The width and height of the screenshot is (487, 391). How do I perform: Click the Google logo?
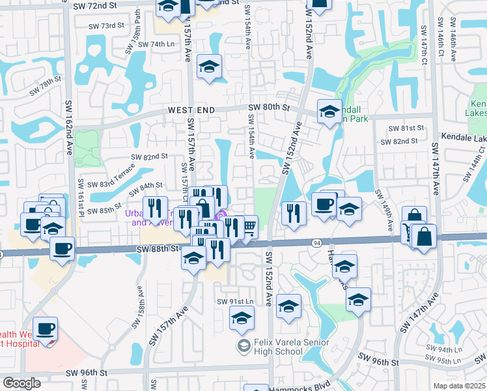(x=21, y=383)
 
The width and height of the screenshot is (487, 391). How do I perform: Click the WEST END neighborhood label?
(x=191, y=111)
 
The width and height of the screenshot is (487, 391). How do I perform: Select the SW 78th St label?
(x=45, y=86)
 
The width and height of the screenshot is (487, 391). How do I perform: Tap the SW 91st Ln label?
(x=234, y=302)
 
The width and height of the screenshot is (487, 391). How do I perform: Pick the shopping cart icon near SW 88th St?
(x=248, y=227)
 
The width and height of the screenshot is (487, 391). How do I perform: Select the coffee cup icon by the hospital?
(x=46, y=328)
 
